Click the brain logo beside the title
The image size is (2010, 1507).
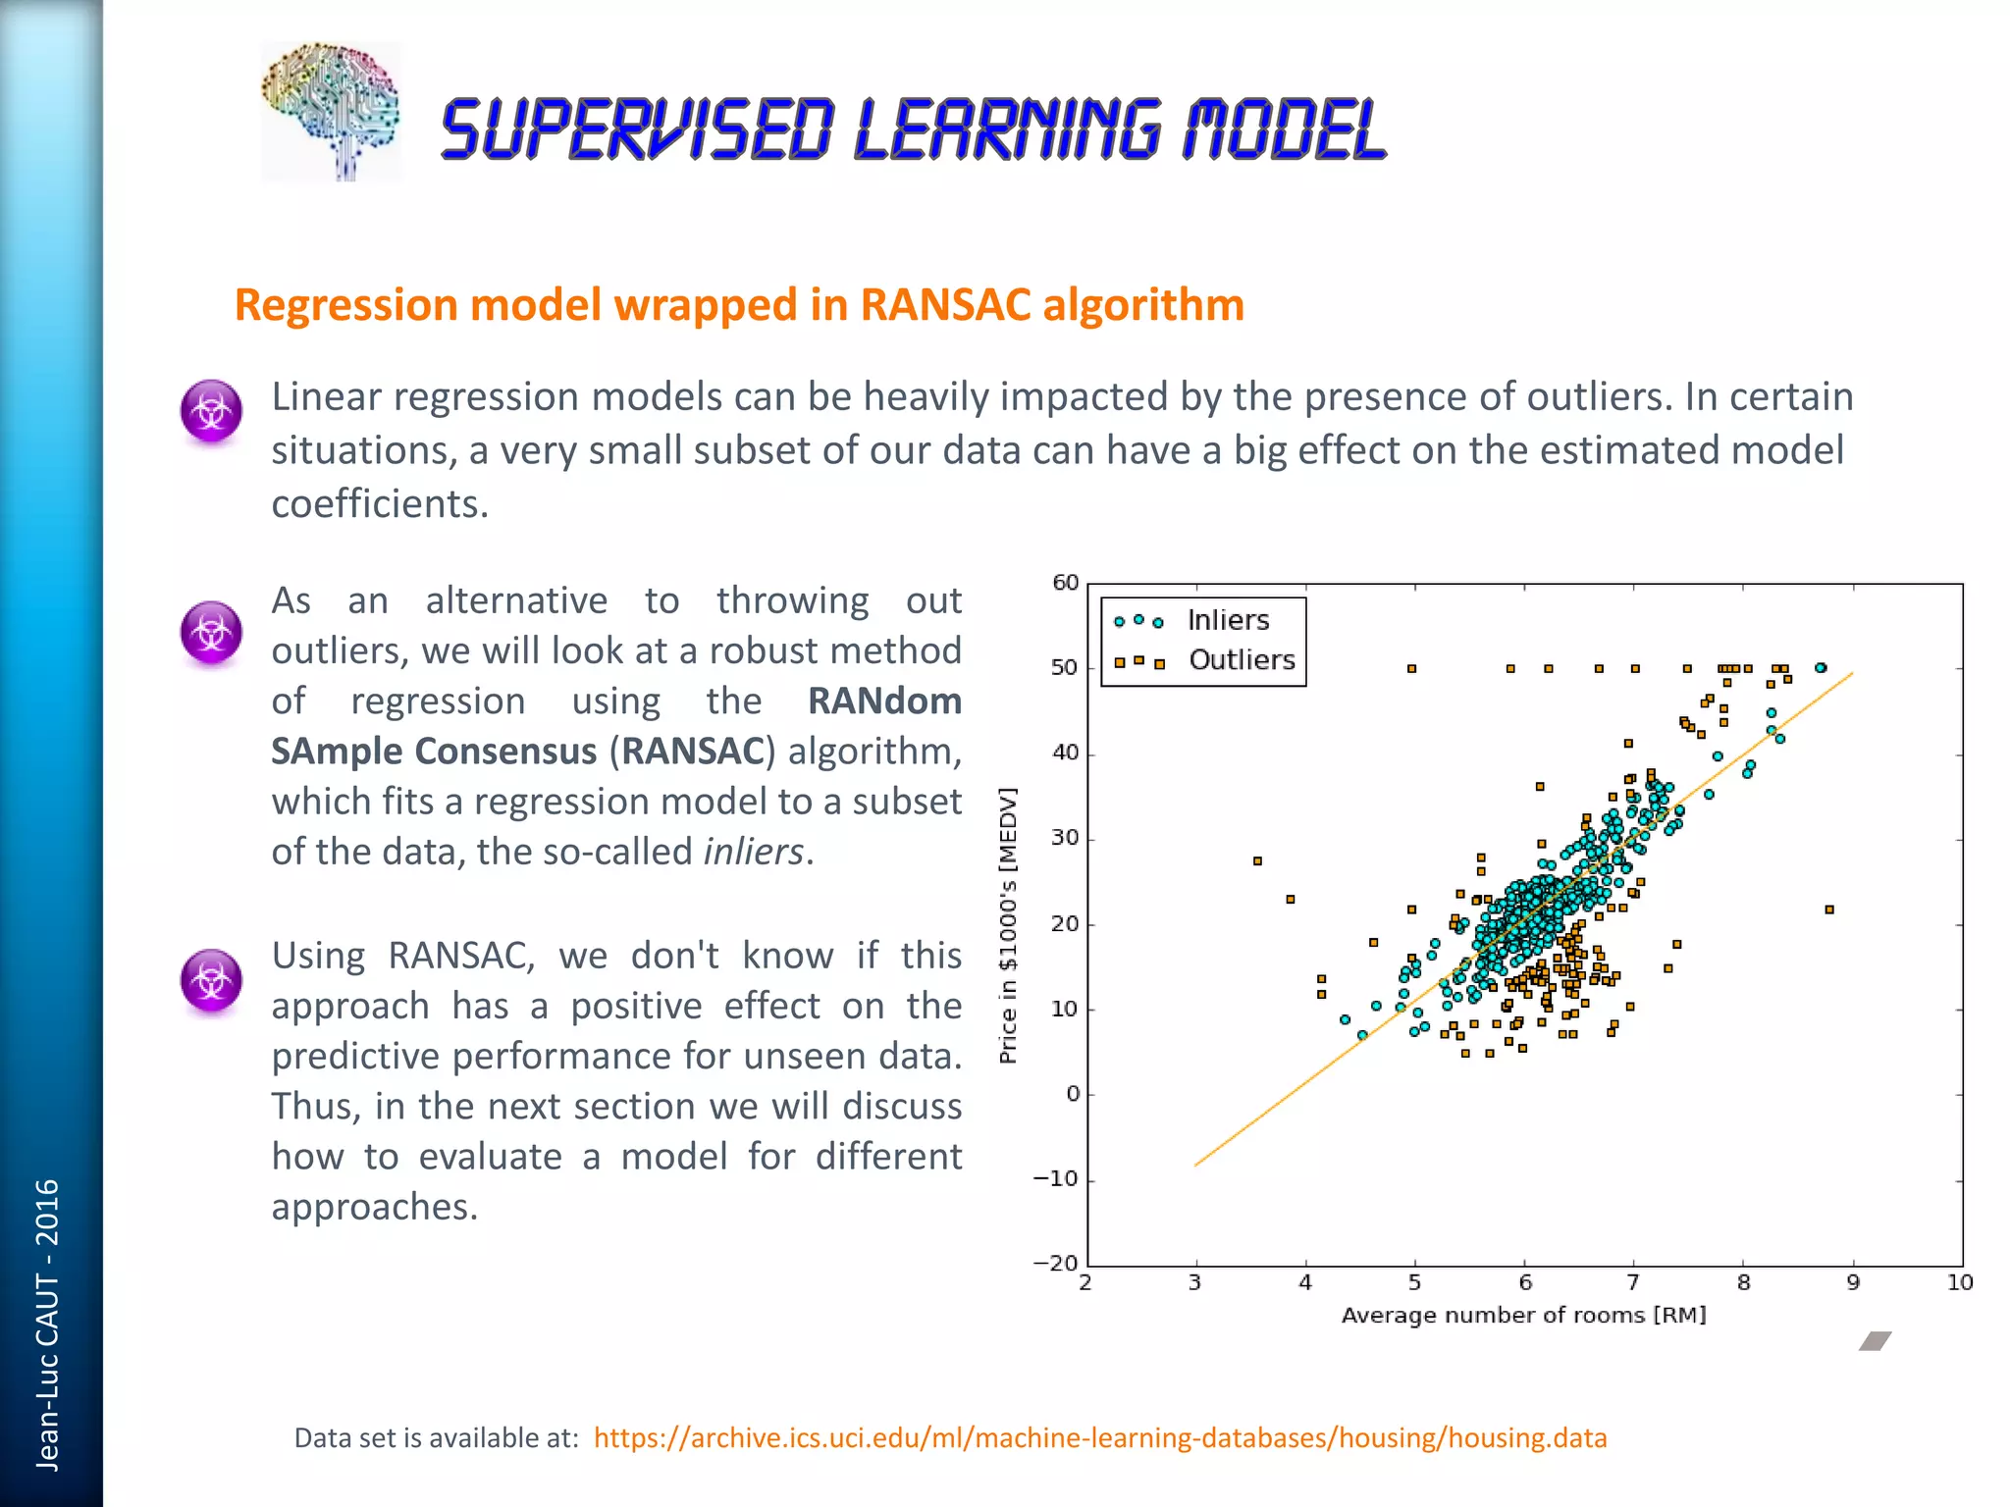(331, 110)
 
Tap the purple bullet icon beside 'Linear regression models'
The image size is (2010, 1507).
(211, 411)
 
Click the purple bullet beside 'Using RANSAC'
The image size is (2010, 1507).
(211, 979)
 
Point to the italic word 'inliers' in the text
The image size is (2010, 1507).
(753, 852)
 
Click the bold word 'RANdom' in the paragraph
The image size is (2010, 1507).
(883, 702)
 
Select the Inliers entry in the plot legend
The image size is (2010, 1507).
(1227, 620)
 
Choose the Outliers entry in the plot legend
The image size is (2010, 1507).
(1241, 660)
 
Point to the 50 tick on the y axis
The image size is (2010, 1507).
(1064, 668)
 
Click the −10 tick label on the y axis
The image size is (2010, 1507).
(1056, 1178)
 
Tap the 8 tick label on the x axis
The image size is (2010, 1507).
(1743, 1282)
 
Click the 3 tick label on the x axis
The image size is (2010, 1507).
(1194, 1282)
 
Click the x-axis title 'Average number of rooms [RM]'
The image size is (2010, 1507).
(1523, 1315)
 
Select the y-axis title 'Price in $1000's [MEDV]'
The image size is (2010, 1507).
(1008, 925)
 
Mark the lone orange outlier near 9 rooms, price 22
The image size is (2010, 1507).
(1829, 909)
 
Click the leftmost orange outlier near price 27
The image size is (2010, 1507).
(1257, 861)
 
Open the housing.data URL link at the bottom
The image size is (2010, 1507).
(1099, 1438)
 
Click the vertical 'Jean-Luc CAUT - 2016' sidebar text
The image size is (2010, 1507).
(47, 1325)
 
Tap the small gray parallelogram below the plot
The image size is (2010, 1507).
(1875, 1341)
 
